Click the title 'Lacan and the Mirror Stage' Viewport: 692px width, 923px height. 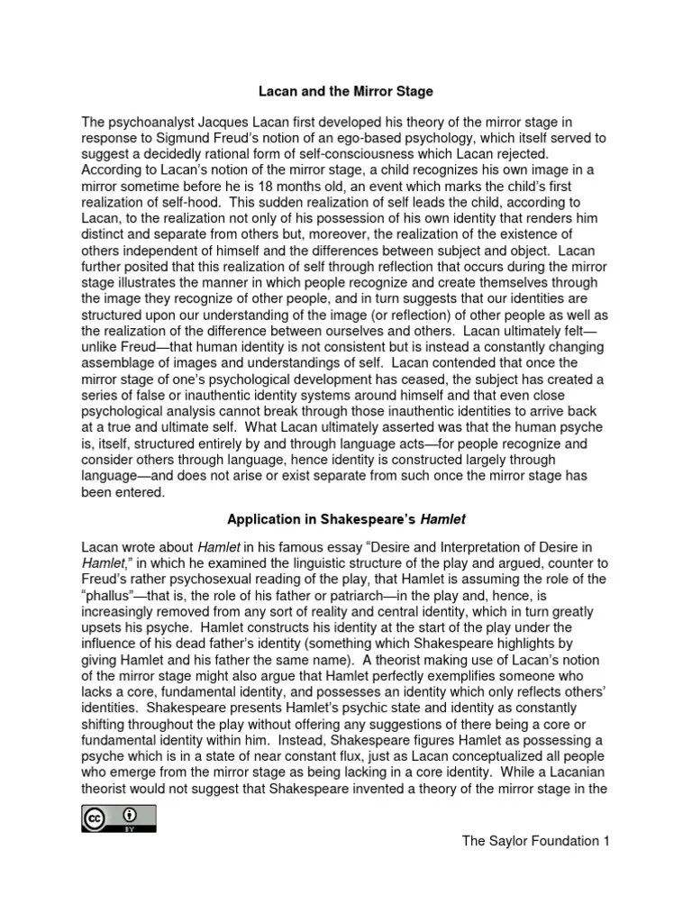[x=346, y=92]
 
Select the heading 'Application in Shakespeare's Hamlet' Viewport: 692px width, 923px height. [x=346, y=519]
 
